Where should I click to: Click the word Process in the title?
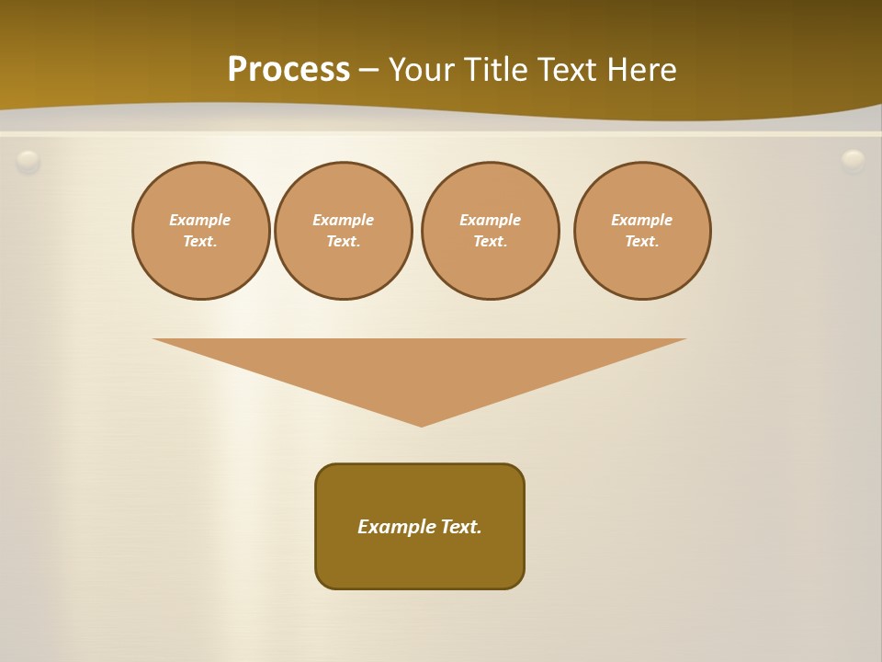(288, 70)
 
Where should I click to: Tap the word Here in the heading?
(640, 70)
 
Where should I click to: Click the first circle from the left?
(201, 231)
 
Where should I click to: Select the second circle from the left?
(344, 231)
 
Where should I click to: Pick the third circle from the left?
(491, 231)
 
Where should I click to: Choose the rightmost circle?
(642, 231)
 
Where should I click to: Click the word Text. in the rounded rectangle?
(461, 527)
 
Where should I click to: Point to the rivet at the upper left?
(28, 162)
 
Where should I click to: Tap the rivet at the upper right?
(854, 161)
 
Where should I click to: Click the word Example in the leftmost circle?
(200, 220)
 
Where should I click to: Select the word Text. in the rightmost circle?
(642, 242)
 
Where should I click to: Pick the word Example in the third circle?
(491, 220)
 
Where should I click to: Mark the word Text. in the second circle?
(344, 242)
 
